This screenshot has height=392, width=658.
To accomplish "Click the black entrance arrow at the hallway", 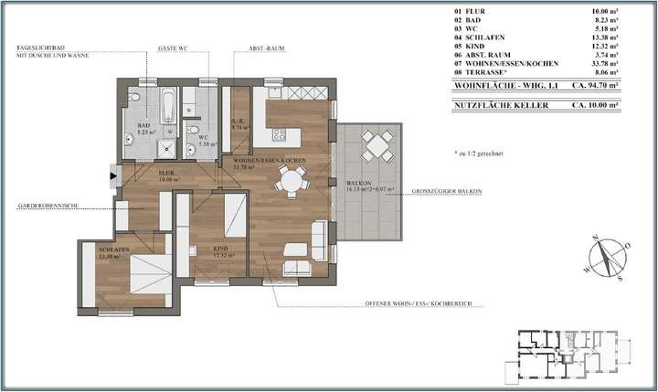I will point(112,174).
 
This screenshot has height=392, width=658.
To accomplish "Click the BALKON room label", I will point(356,184).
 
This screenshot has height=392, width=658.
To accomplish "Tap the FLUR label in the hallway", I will point(166,171).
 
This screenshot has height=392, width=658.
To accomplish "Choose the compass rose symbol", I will point(606,257).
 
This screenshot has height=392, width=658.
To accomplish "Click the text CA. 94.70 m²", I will point(595,84).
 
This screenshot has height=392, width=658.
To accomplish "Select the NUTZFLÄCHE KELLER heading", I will point(495,106).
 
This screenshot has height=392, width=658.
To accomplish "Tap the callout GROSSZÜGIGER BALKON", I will point(447,191).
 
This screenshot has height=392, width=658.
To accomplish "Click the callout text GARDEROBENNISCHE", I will point(48,207).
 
